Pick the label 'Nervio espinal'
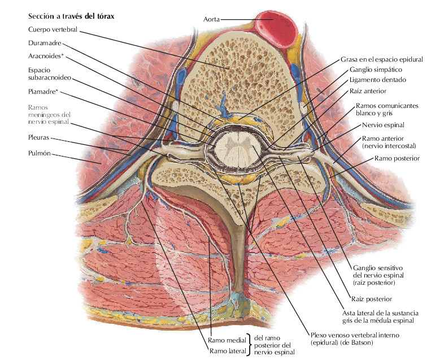(x=384, y=124)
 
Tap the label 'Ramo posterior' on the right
(x=397, y=159)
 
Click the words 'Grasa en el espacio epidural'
(x=381, y=59)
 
